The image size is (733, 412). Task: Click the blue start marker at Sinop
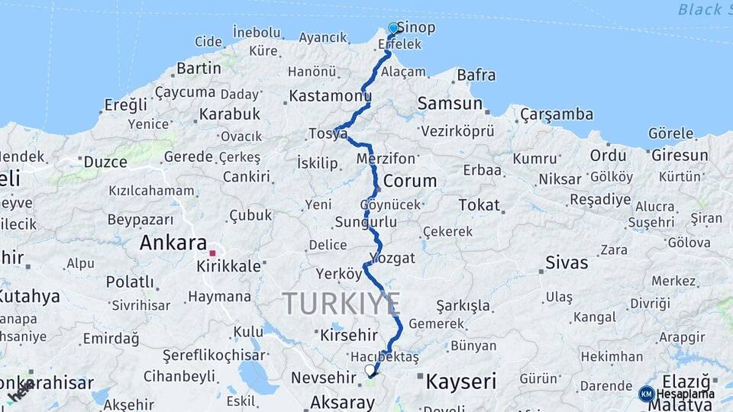tap(393, 28)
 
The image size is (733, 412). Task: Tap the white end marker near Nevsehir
tap(370, 371)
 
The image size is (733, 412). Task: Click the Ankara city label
tap(173, 244)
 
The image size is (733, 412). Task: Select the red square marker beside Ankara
tap(214, 253)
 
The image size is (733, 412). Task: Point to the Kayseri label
tap(461, 381)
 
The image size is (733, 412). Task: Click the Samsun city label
tap(450, 103)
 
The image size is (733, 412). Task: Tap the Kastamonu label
tap(330, 97)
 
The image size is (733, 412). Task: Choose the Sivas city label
tap(567, 263)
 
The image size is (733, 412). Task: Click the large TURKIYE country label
tap(341, 304)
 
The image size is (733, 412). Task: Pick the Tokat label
tap(480, 205)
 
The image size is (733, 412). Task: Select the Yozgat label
tap(392, 258)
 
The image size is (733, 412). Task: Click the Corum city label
tap(410, 182)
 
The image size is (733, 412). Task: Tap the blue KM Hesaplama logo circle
tap(647, 394)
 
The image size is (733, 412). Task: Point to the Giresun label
tap(680, 155)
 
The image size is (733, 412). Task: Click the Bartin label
tap(199, 69)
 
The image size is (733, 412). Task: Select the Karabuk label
tap(230, 114)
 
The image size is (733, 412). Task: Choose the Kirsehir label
tap(349, 335)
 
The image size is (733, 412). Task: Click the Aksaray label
tap(342, 402)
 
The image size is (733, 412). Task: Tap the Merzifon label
tap(386, 159)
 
